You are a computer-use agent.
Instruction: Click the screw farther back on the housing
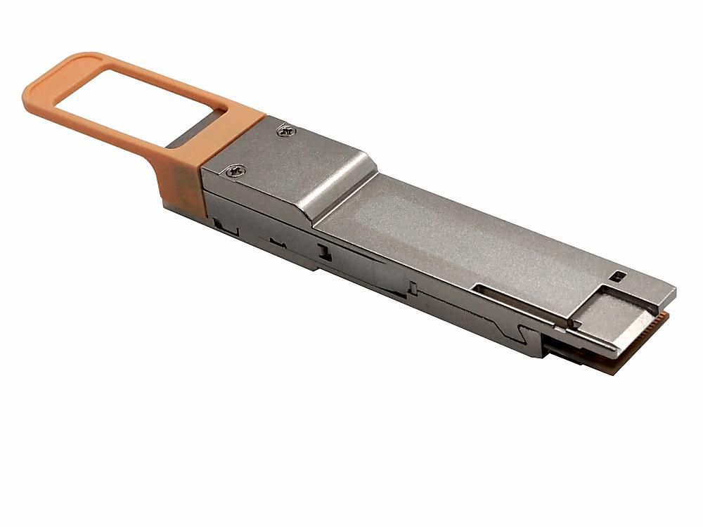285,129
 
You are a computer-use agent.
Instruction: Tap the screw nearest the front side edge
235,169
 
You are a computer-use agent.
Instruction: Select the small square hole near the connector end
619,275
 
